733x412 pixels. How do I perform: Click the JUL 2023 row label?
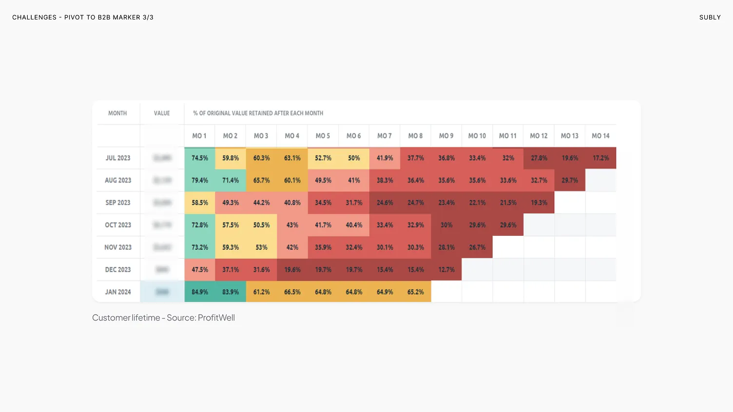[x=118, y=158]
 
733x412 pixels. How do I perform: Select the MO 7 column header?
[x=385, y=136]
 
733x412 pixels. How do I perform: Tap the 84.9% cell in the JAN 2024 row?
[x=200, y=292]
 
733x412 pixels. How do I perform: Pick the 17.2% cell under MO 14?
[x=601, y=158]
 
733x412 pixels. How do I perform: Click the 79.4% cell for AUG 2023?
[x=200, y=180]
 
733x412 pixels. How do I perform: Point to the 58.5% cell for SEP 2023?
[x=200, y=203]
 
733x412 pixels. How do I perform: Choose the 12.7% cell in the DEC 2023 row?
[x=446, y=269]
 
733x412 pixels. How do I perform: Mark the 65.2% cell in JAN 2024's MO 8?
[x=416, y=292]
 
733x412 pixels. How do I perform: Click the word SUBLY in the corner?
[x=710, y=18]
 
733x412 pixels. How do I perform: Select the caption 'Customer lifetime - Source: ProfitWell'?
[x=163, y=318]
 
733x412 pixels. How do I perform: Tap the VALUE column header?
[x=162, y=113]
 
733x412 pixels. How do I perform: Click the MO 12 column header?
[x=539, y=136]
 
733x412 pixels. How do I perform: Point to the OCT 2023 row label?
[x=118, y=225]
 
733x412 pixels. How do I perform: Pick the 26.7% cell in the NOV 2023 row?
[x=477, y=247]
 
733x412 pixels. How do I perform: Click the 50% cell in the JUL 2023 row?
[x=354, y=158]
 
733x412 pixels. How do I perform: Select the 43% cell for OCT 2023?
[x=292, y=225]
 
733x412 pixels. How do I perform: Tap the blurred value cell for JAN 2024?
[x=162, y=292]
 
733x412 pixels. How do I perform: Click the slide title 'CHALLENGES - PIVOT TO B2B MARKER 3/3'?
[x=83, y=18]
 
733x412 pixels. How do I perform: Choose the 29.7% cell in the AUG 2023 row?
[x=570, y=180]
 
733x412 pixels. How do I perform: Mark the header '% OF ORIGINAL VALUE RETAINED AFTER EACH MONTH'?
[x=258, y=113]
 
